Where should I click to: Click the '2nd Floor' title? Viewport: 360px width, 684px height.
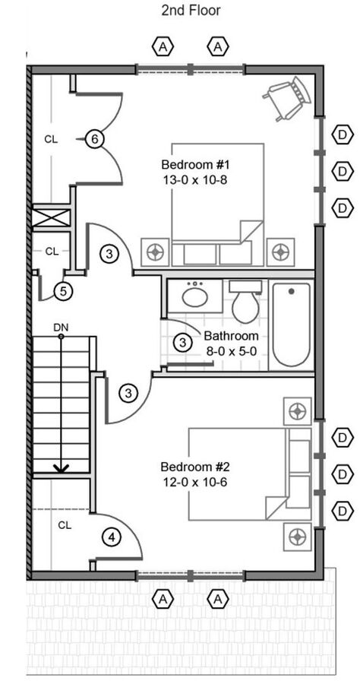click(x=191, y=10)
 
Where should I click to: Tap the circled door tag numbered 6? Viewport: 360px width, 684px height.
click(x=95, y=139)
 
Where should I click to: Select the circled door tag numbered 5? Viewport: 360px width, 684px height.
click(x=64, y=291)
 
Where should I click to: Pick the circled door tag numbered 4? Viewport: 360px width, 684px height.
click(x=112, y=537)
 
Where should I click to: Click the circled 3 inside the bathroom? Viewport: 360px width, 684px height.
click(x=183, y=343)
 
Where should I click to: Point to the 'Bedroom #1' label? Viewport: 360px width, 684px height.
click(x=195, y=166)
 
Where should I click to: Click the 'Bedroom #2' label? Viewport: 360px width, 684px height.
click(x=195, y=467)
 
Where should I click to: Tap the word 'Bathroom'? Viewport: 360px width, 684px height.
click(x=231, y=337)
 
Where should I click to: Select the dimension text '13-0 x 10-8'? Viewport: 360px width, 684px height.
click(x=195, y=179)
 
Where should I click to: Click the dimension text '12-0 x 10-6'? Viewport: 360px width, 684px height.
click(x=195, y=482)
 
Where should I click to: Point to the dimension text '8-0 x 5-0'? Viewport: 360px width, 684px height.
click(x=231, y=351)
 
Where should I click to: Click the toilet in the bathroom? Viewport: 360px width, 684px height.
click(x=245, y=302)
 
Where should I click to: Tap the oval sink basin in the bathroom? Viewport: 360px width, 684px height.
click(x=196, y=297)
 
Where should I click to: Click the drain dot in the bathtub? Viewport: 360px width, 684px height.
click(x=291, y=291)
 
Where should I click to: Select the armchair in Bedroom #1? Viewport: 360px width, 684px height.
click(x=289, y=98)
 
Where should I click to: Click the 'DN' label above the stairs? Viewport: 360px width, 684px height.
click(x=61, y=327)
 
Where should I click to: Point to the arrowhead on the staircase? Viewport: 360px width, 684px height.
click(x=61, y=468)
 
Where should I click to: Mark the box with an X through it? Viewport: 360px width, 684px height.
click(x=52, y=217)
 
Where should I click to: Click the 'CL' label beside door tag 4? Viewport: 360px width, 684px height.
click(x=65, y=526)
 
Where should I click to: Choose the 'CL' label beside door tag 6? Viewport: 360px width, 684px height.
click(x=51, y=140)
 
